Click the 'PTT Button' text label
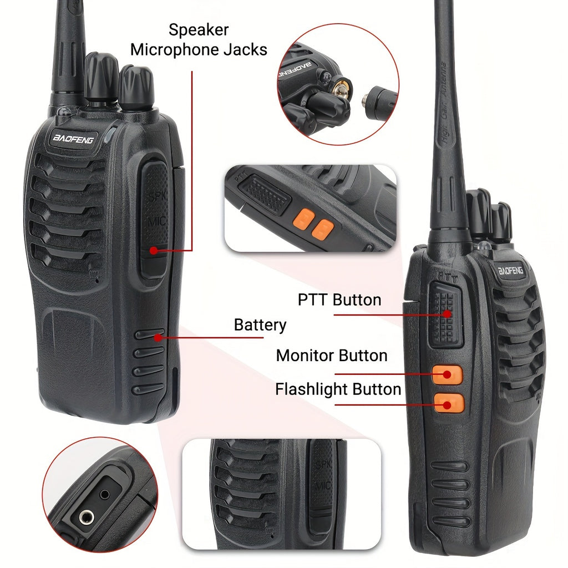click(x=339, y=300)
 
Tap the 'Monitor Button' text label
click(x=332, y=355)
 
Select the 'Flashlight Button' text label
click(x=338, y=389)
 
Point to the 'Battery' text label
click(x=260, y=324)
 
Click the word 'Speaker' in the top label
click(x=199, y=29)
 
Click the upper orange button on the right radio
click(x=447, y=374)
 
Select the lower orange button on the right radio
click(x=449, y=403)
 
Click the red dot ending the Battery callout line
click(x=159, y=336)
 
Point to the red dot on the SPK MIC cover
click(x=153, y=251)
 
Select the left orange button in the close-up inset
click(x=304, y=219)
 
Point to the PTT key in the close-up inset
click(x=265, y=194)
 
